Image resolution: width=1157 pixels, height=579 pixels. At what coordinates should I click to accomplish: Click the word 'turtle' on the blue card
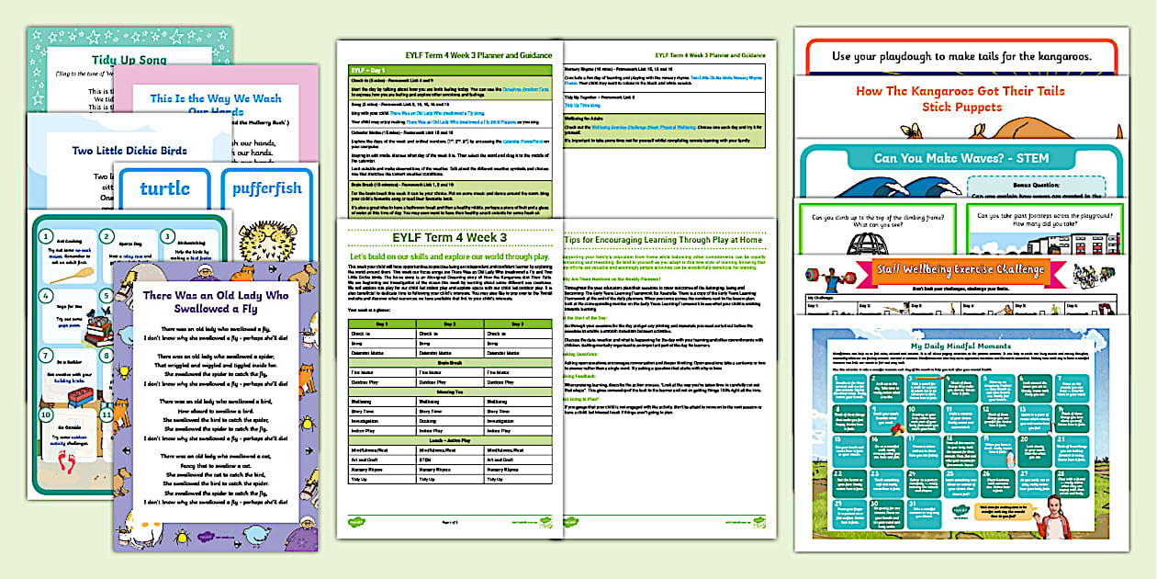164,189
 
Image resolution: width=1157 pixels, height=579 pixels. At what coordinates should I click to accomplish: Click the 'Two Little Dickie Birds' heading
129,150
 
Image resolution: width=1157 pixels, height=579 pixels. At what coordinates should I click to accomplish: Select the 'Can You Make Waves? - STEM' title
960,158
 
